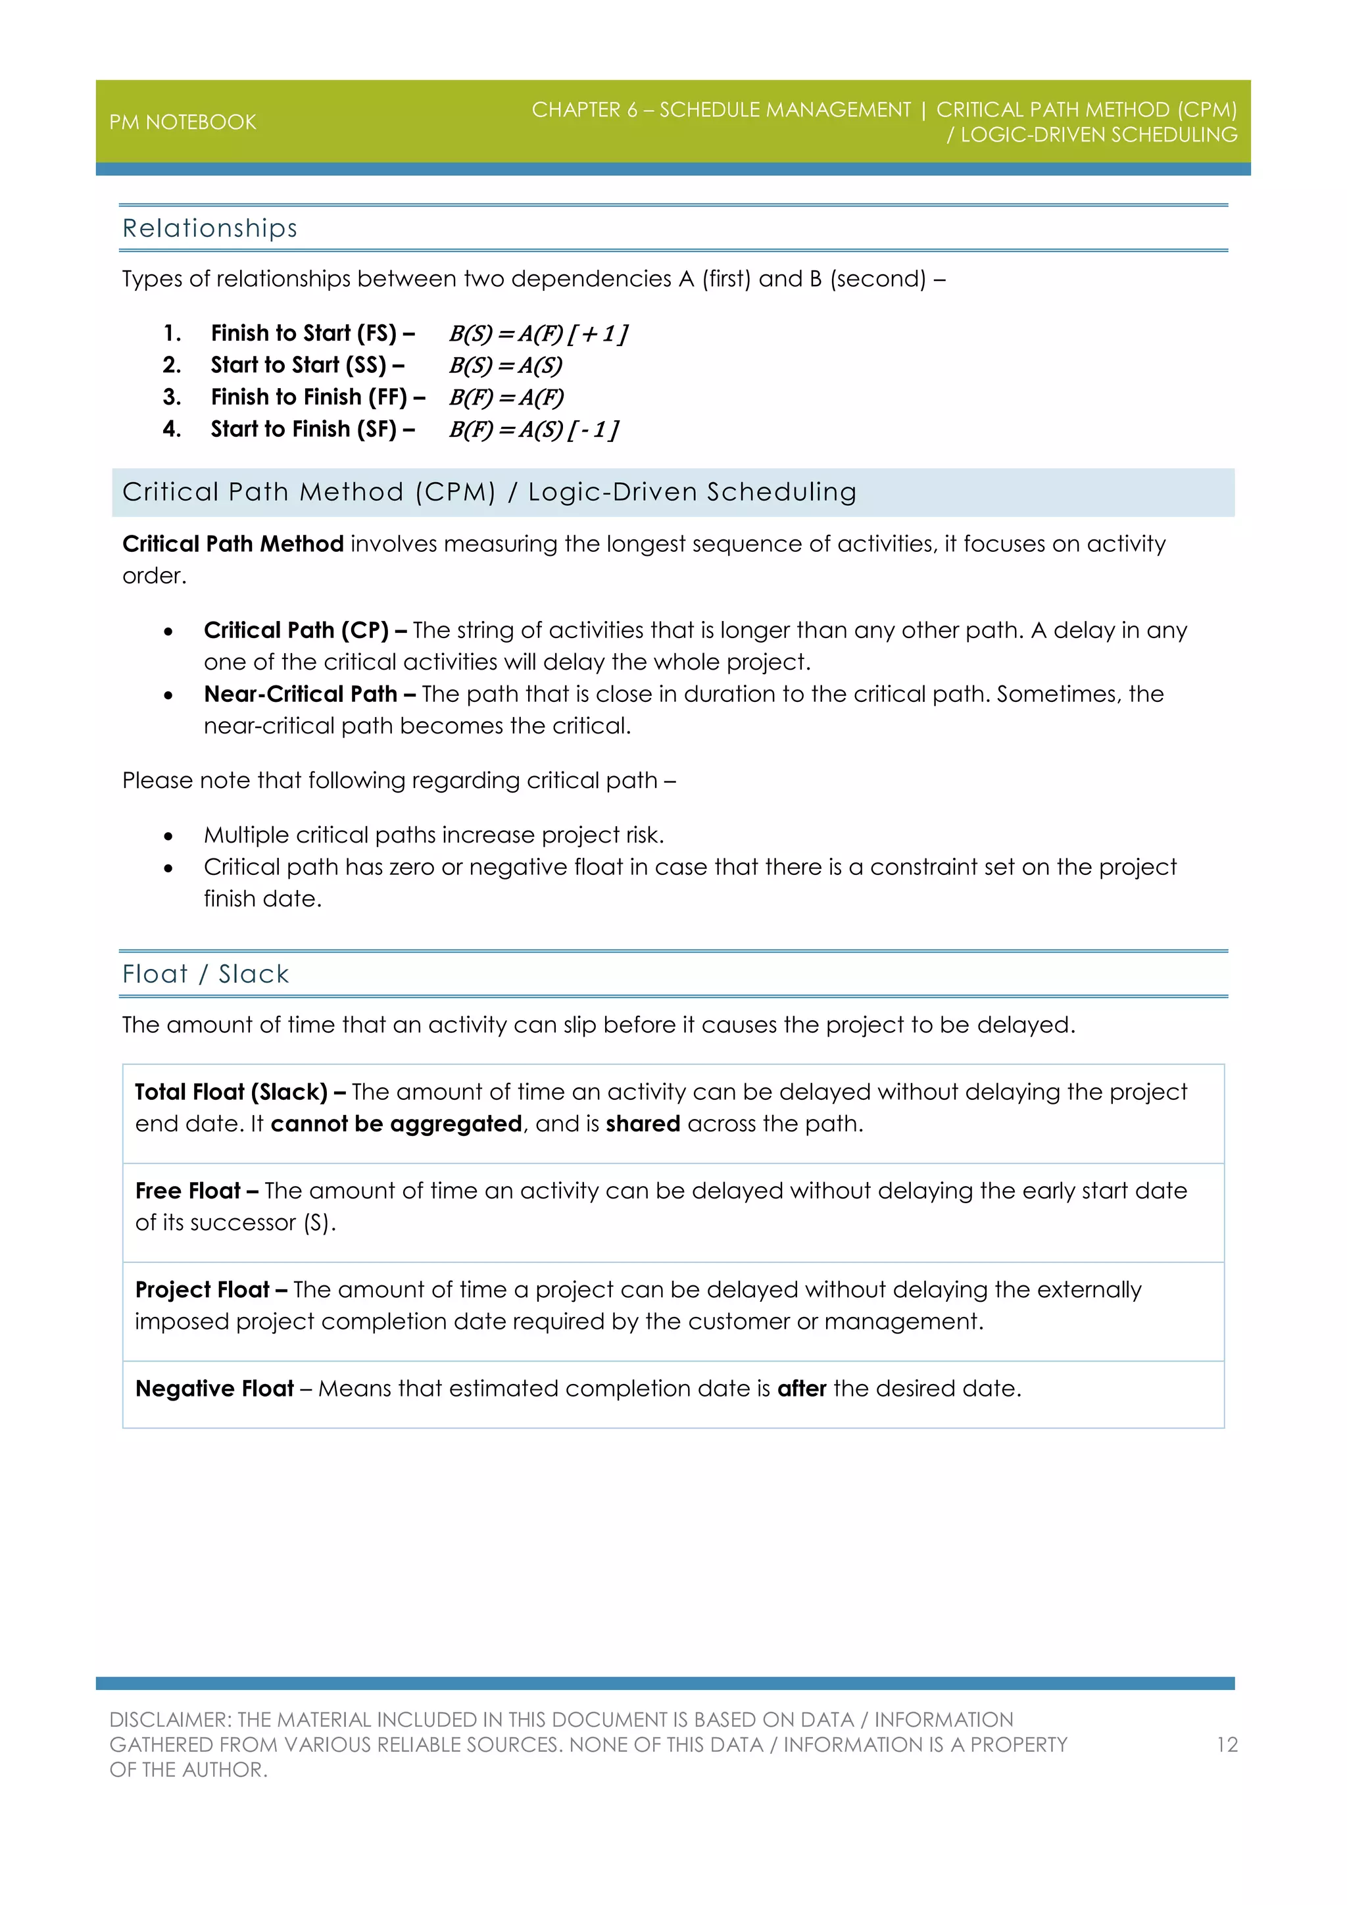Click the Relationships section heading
(x=209, y=228)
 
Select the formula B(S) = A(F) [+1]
(x=537, y=334)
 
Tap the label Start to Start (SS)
(x=306, y=365)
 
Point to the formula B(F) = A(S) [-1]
(x=533, y=430)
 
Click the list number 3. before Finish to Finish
(x=172, y=397)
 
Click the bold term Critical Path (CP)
(x=296, y=631)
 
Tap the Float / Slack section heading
(x=206, y=974)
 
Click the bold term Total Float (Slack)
(x=232, y=1092)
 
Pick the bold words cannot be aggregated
(x=397, y=1124)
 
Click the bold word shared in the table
(x=643, y=1124)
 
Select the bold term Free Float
(x=188, y=1191)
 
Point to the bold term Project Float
(x=203, y=1290)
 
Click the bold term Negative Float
(x=215, y=1389)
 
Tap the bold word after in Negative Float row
(x=801, y=1389)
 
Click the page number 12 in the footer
(x=1227, y=1745)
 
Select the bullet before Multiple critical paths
(x=168, y=836)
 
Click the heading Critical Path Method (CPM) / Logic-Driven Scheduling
(x=489, y=492)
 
